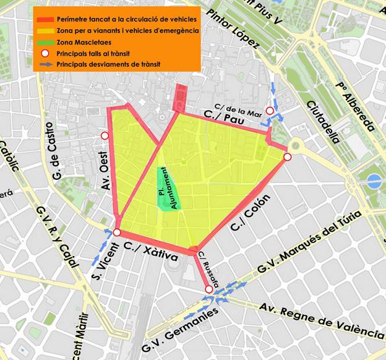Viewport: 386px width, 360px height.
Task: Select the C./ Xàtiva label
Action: point(151,252)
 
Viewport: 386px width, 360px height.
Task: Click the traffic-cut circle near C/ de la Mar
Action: point(269,111)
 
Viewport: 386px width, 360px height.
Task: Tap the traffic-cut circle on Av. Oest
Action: point(105,135)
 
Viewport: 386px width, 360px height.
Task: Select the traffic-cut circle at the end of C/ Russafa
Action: point(208,289)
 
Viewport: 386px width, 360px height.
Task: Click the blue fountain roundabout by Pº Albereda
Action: point(374,182)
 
